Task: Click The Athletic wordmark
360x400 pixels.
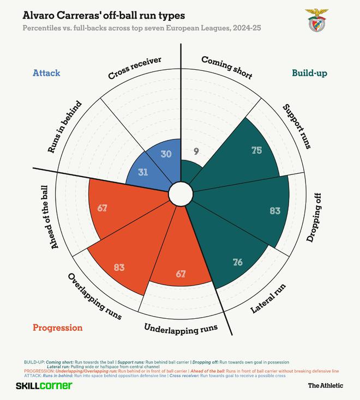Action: [325, 386]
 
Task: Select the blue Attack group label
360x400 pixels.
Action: [46, 73]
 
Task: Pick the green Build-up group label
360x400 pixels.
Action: [310, 73]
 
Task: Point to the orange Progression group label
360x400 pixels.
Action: [58, 328]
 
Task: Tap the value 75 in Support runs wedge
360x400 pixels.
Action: [257, 150]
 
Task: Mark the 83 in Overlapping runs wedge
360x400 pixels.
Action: [119, 268]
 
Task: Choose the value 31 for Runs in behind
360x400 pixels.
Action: [142, 172]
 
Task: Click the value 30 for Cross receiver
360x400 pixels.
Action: [166, 154]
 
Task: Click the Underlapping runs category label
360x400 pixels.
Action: [181, 328]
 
